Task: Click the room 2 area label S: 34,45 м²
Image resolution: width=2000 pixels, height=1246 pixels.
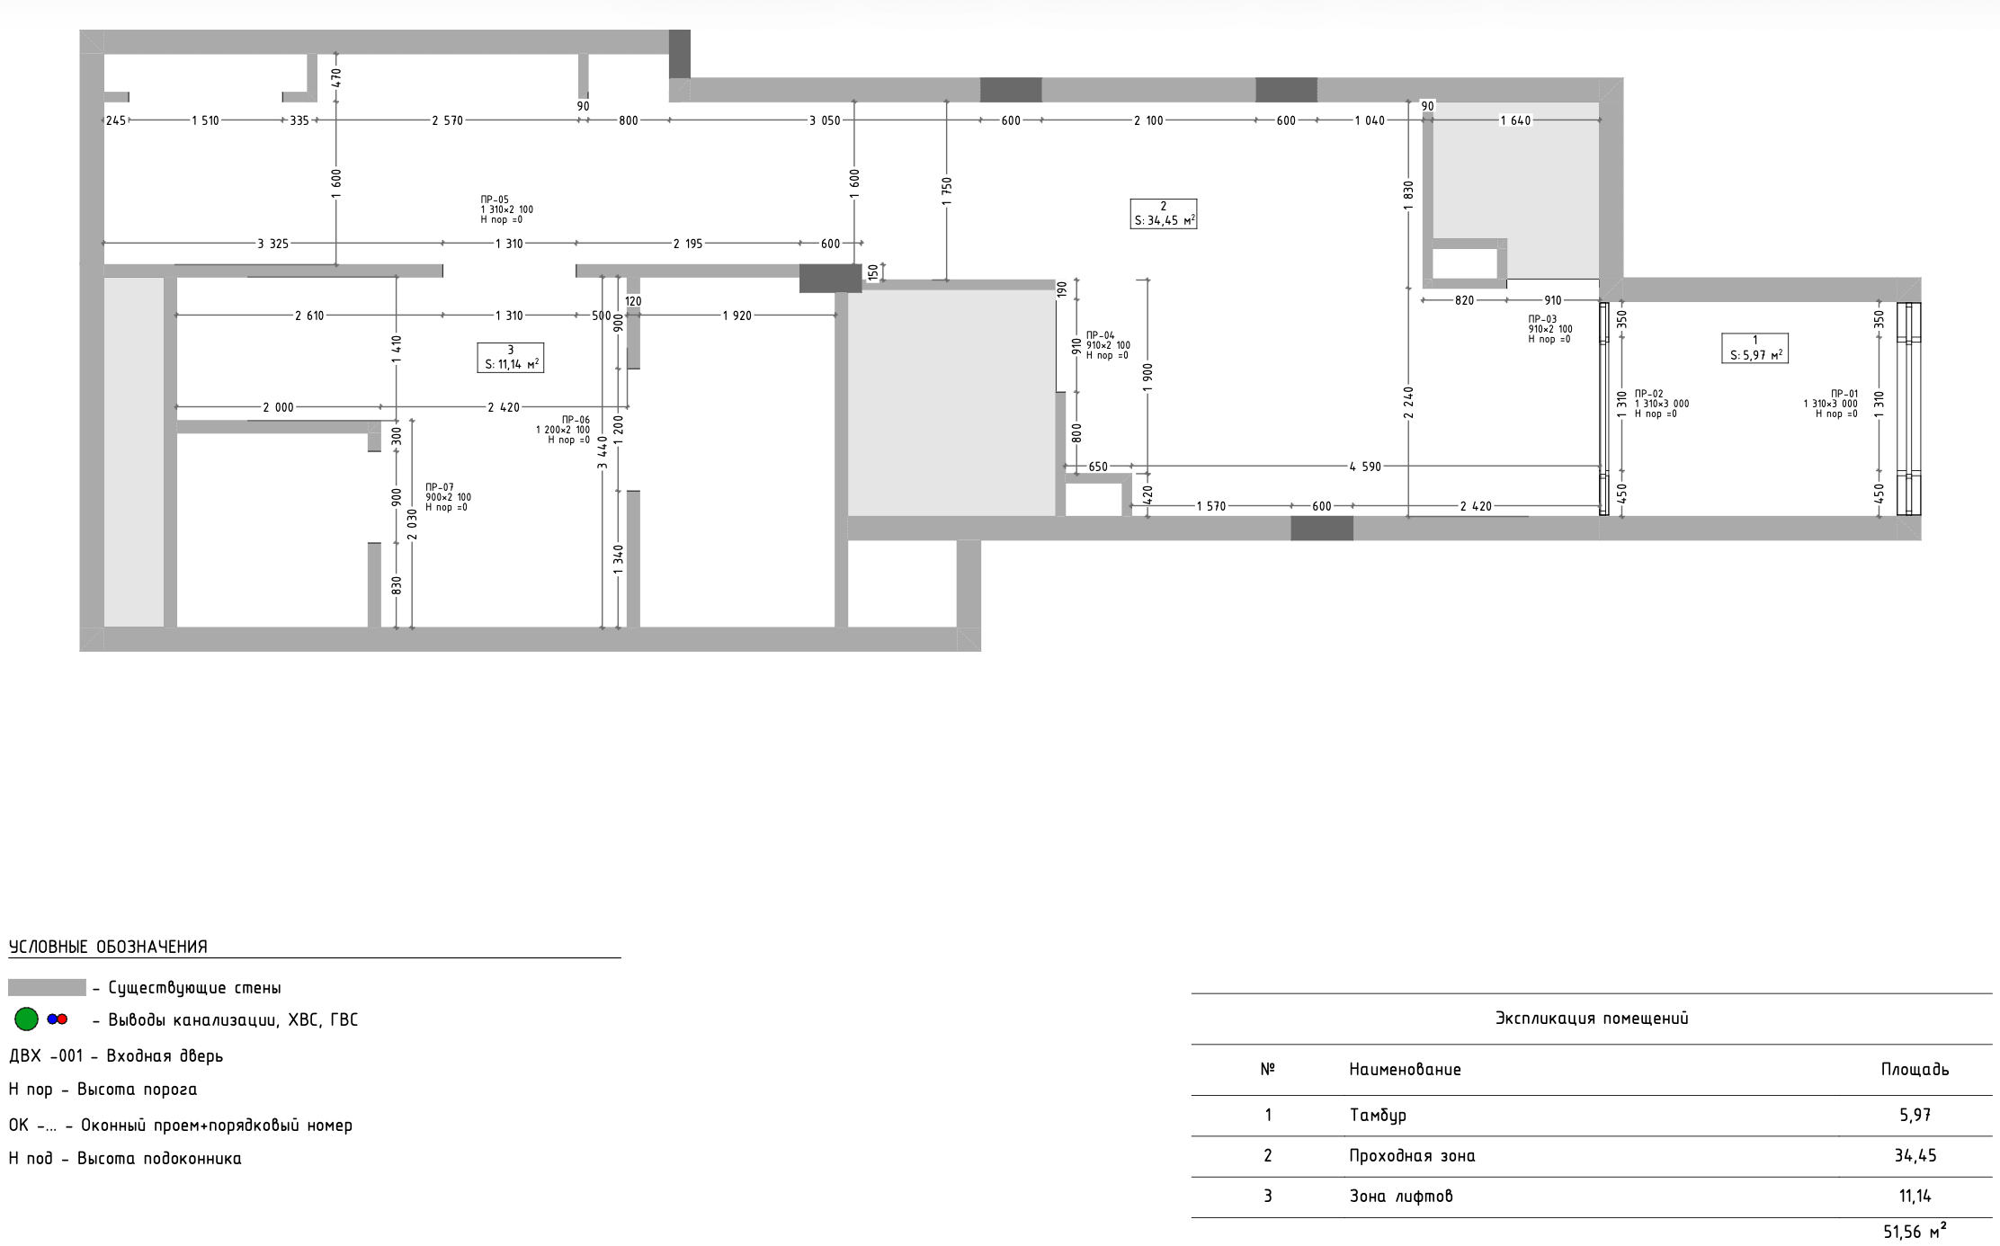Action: (x=1165, y=220)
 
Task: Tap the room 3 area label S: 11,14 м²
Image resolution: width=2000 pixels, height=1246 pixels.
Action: (x=512, y=364)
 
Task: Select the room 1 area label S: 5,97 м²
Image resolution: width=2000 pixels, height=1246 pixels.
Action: (x=1755, y=355)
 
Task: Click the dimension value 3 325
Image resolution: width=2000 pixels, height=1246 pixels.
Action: (x=273, y=244)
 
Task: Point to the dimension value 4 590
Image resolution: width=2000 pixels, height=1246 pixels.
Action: (x=1365, y=467)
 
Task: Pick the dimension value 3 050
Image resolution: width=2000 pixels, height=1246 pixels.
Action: (x=825, y=120)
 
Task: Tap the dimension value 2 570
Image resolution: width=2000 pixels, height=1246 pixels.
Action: (x=447, y=120)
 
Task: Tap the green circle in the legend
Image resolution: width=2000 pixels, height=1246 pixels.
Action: (x=27, y=1019)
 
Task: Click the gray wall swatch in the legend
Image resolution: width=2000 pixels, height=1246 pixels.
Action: (x=47, y=987)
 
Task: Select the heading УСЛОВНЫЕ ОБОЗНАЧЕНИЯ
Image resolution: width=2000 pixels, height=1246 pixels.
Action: (x=108, y=947)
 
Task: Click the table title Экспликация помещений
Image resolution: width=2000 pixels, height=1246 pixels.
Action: (x=1592, y=1019)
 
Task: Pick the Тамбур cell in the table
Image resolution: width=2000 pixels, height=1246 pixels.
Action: (x=1378, y=1115)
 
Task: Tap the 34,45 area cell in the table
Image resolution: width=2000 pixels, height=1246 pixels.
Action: (x=1915, y=1155)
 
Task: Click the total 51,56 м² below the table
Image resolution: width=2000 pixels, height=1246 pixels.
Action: (x=1915, y=1231)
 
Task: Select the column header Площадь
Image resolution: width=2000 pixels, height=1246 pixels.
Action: (x=1915, y=1070)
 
